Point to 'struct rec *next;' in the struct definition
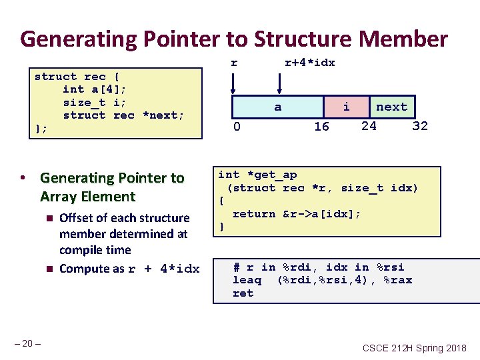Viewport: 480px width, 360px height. (x=123, y=115)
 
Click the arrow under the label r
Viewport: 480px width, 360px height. (x=233, y=83)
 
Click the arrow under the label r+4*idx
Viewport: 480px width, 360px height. (x=280, y=83)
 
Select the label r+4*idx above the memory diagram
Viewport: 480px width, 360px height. (x=309, y=63)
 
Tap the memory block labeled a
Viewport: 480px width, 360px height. (x=278, y=107)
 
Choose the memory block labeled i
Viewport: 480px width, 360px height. (x=346, y=107)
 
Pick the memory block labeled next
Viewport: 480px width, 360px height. (x=391, y=107)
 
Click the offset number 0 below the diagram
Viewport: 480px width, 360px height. (x=237, y=126)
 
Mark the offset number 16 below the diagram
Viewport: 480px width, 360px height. (x=321, y=127)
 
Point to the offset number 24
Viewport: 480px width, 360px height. (x=369, y=125)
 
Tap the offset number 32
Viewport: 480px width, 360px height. (x=420, y=125)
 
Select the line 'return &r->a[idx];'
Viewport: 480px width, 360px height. (x=297, y=214)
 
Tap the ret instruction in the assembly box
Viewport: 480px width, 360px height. (x=243, y=293)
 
